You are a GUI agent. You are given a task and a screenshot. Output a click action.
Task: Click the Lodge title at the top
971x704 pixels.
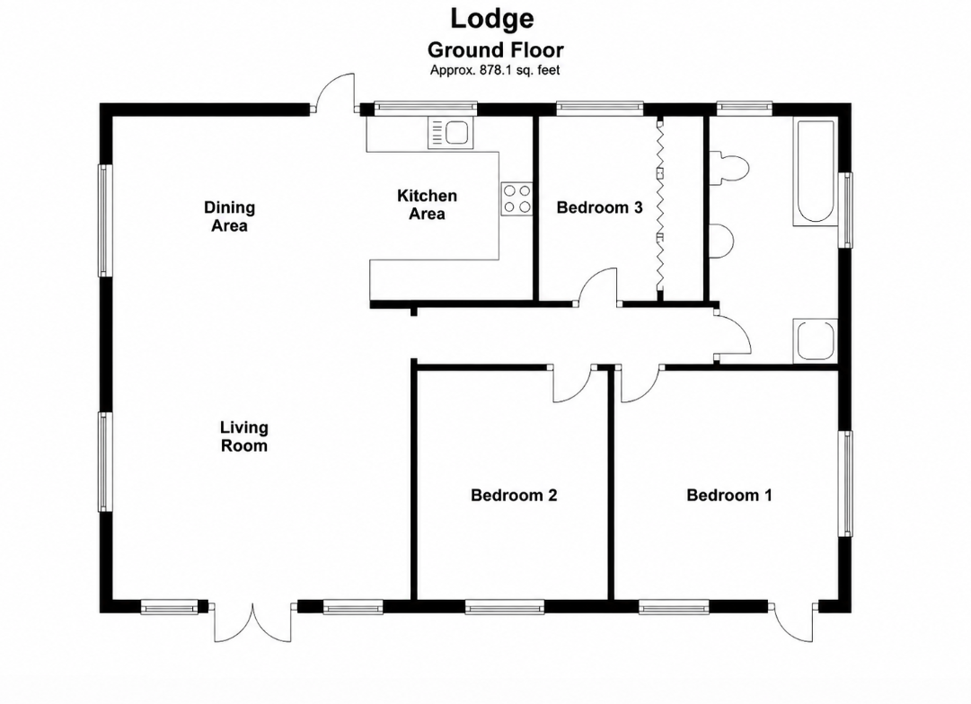[x=491, y=19]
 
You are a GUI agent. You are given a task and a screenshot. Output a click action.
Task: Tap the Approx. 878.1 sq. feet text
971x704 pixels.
[x=495, y=70]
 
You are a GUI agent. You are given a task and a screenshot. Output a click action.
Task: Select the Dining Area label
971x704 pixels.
[x=229, y=216]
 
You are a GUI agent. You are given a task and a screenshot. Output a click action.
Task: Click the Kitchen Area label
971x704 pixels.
[x=427, y=205]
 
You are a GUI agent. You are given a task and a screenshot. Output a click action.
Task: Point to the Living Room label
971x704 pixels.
[x=244, y=436]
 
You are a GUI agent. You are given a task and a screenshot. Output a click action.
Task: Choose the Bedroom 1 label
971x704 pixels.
[x=729, y=495]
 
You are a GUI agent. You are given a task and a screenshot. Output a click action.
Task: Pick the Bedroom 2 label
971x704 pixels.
[x=514, y=495]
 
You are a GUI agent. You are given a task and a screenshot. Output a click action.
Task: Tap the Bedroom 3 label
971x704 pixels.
[x=599, y=207]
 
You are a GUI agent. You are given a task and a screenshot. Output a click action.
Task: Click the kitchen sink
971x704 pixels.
[x=450, y=133]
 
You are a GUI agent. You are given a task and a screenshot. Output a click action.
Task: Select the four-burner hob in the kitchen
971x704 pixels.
[x=516, y=198]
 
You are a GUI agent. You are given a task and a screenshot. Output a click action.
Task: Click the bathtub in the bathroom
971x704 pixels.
[x=815, y=171]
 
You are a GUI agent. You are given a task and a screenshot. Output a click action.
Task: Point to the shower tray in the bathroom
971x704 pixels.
[x=815, y=340]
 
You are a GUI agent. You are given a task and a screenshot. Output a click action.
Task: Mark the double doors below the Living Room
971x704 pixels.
[x=252, y=622]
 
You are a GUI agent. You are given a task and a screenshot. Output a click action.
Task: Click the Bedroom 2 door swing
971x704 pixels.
[x=573, y=384]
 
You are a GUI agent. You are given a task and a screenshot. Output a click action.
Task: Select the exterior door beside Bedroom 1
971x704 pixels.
[x=793, y=622]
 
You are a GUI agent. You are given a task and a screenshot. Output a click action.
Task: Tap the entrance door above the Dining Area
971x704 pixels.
[x=334, y=92]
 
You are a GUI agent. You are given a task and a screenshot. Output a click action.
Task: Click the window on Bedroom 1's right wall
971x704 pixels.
[x=845, y=483]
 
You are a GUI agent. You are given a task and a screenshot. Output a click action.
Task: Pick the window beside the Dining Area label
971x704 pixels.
[x=105, y=220]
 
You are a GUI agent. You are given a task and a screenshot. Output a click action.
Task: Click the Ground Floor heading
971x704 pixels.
[x=496, y=49]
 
